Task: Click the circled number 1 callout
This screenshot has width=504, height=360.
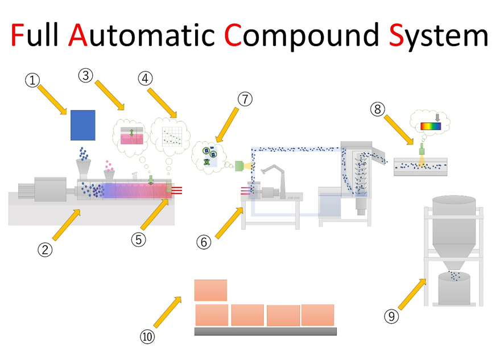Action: click(34, 80)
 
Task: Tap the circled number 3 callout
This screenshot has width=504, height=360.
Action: click(86, 75)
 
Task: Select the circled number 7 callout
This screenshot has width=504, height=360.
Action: click(245, 99)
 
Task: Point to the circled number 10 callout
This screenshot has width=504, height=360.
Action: click(147, 337)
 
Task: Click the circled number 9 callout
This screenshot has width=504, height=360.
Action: click(391, 317)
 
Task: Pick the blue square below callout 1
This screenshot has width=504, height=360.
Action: click(82, 125)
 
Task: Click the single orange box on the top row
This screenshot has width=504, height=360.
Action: click(210, 290)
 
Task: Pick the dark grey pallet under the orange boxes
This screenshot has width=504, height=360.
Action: click(265, 331)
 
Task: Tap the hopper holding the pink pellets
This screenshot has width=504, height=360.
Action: click(109, 175)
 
